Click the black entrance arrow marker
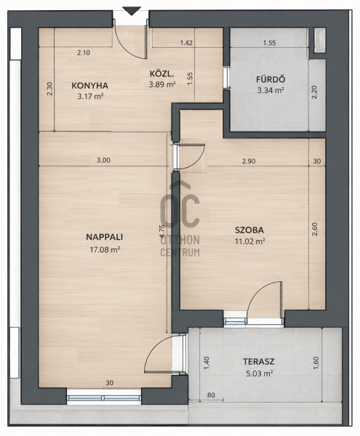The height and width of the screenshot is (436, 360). point(132,12)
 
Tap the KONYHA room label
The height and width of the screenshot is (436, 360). point(90,86)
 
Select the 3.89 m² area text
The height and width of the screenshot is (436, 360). point(162,84)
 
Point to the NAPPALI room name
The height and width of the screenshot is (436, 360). point(104,237)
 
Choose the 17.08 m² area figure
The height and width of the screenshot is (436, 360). point(105,250)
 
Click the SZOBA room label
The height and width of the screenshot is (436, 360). point(249,230)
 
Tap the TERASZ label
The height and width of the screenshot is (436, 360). point(259,361)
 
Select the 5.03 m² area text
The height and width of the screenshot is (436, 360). point(260,374)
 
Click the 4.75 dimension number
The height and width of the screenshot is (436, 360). point(162,231)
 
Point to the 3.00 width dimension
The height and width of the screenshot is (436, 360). point(103,160)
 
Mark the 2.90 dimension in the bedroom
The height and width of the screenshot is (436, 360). point(249,161)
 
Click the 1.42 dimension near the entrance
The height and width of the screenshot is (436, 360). point(186,43)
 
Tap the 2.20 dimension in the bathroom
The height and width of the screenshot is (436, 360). point(314,92)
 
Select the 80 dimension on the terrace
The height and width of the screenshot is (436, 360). point(211,395)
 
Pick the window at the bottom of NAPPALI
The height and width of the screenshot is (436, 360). point(104,398)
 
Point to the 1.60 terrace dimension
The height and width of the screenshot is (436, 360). point(316,363)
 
